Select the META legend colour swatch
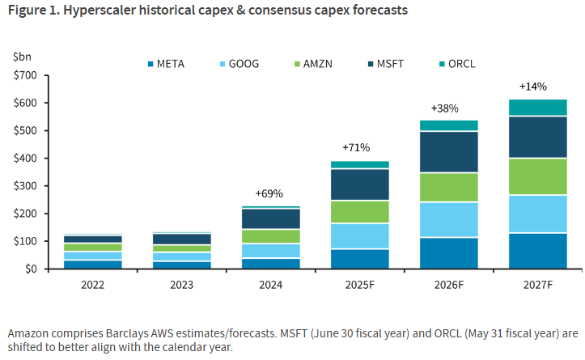coord(150,63)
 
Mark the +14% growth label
coord(532,87)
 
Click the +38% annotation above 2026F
coord(444,108)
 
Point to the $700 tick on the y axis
coord(26,75)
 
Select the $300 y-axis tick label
coord(26,186)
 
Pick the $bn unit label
coord(22,57)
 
